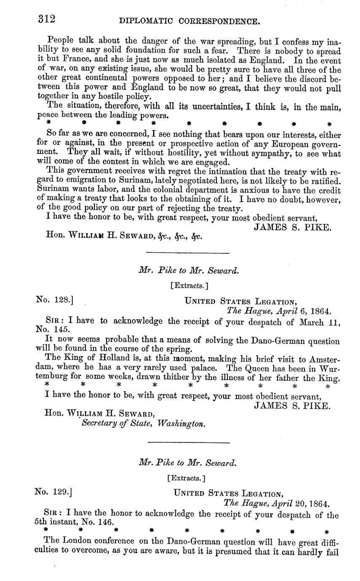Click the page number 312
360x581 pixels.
47,19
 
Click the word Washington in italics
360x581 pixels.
181,424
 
